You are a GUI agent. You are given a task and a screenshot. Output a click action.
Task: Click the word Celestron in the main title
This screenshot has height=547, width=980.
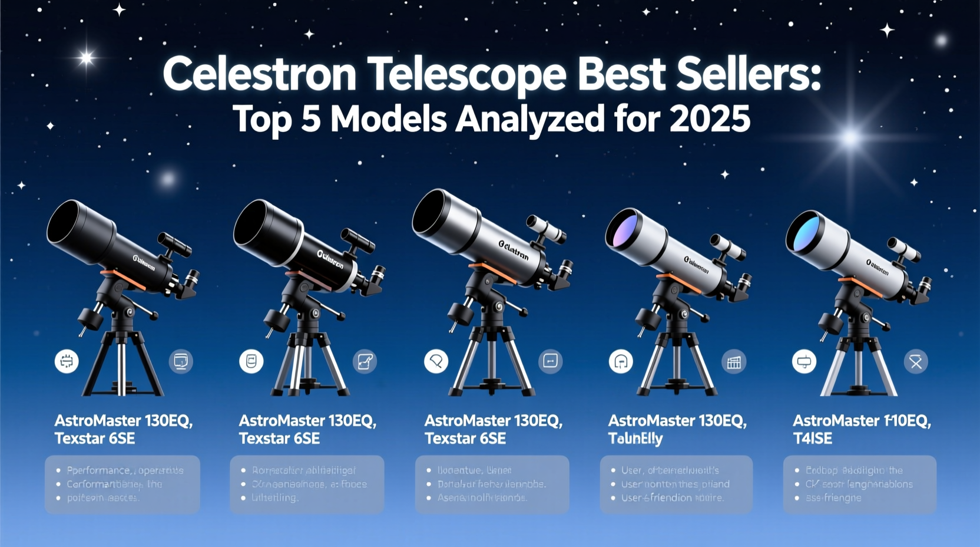pyautogui.click(x=260, y=75)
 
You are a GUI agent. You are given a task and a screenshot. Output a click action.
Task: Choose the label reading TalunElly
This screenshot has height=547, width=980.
pyautogui.click(x=635, y=439)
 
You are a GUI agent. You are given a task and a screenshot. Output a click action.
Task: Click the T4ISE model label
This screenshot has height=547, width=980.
pyautogui.click(x=812, y=439)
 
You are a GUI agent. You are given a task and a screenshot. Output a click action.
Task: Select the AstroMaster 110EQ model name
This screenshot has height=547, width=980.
pyautogui.click(x=861, y=421)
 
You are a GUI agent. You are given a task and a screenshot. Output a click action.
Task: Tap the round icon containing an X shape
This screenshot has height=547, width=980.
pyautogui.click(x=916, y=362)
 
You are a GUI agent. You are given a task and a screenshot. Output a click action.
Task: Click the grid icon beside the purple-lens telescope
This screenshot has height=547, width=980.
pyautogui.click(x=734, y=362)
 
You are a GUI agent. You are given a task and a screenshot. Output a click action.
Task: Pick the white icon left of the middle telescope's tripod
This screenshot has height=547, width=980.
pyautogui.click(x=436, y=361)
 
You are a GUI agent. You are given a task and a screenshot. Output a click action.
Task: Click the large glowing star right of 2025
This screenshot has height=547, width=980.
pyautogui.click(x=849, y=138)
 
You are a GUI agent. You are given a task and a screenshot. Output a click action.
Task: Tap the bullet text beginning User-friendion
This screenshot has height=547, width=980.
pyautogui.click(x=673, y=498)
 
